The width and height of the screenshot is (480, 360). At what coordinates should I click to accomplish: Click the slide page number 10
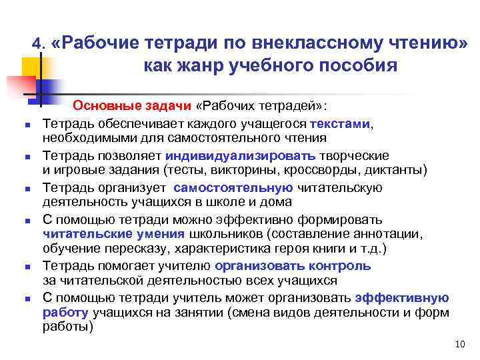click(458, 344)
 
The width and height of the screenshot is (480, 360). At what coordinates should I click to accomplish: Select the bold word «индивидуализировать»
click(226, 155)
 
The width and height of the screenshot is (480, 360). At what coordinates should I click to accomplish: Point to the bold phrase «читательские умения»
click(113, 234)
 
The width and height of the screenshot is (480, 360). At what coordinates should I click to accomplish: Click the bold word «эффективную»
click(402, 297)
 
